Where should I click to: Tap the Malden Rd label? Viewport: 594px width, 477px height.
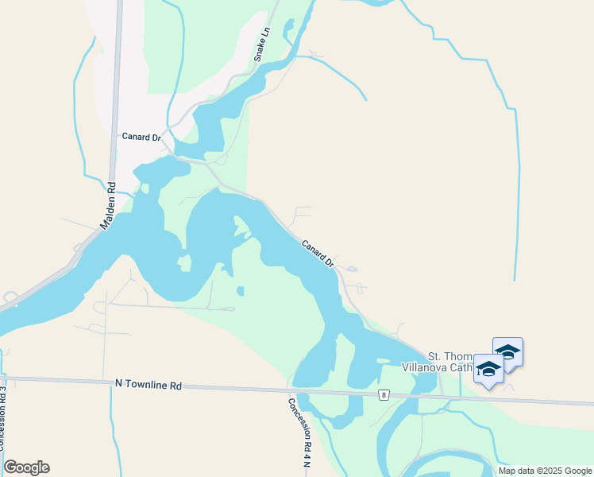[108, 207]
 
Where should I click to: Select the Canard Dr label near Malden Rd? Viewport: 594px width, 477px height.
[141, 137]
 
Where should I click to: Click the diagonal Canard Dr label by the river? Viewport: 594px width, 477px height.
[317, 254]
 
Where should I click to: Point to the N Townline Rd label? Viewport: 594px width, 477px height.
[148, 385]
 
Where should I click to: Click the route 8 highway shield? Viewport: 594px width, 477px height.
[384, 394]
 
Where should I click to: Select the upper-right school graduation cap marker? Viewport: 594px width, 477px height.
[507, 351]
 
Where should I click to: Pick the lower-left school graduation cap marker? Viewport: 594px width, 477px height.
[488, 368]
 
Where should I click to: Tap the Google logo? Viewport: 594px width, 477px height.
[26, 467]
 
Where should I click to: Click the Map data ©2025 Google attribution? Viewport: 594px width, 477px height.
[544, 471]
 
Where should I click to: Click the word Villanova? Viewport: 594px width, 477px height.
[426, 367]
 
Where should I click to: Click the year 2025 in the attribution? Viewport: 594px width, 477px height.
[551, 471]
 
